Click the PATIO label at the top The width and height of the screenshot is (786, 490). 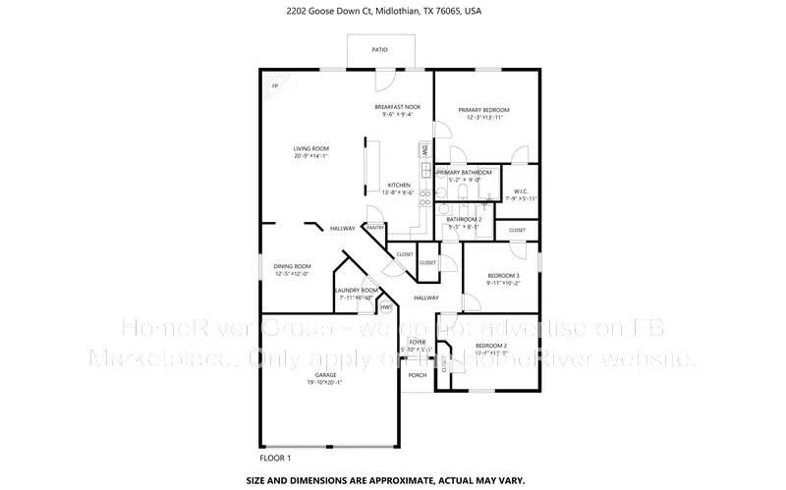point(379,49)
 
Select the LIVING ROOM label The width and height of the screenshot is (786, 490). point(309,148)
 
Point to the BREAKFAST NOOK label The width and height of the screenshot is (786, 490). point(398,107)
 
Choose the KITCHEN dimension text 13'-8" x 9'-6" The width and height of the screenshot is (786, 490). point(398,193)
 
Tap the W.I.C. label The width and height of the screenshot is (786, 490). point(521,191)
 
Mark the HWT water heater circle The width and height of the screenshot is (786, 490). point(372,305)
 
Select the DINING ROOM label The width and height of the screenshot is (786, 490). point(292,266)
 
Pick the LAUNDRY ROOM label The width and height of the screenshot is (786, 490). point(356,291)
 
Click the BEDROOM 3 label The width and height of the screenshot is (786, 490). point(503,276)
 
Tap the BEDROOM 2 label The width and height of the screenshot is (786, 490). point(491,347)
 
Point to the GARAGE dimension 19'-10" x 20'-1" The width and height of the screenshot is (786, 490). point(326,383)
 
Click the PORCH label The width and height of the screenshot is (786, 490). point(418,375)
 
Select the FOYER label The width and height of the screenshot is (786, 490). point(418,342)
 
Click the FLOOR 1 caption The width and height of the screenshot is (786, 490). point(274,458)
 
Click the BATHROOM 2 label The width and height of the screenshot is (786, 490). point(465,219)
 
